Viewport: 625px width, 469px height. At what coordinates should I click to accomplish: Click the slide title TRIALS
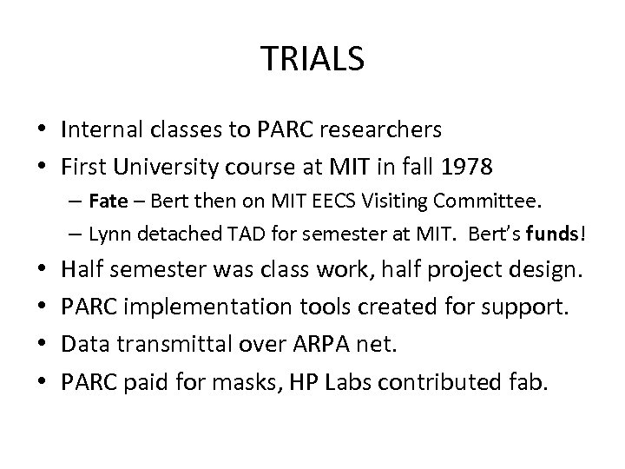[x=312, y=59]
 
